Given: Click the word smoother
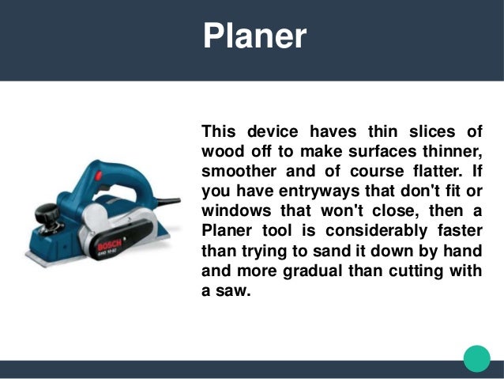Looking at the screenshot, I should coord(239,171).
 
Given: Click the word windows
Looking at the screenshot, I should coord(238,211).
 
